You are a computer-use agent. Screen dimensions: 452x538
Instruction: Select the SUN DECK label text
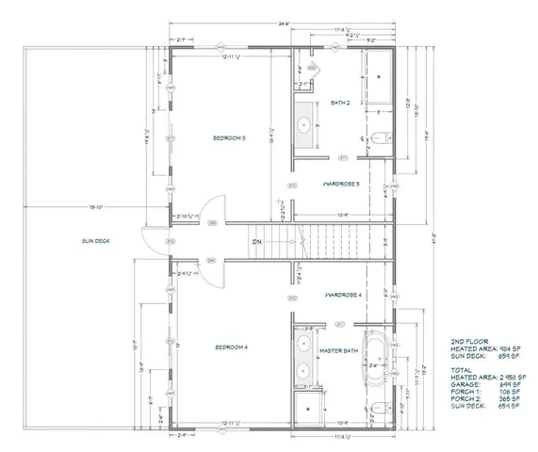coord(95,241)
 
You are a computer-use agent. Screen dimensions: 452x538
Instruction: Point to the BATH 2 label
coord(340,103)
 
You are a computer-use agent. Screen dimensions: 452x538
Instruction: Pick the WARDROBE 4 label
coord(344,296)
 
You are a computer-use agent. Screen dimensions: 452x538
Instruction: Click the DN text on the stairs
coord(256,242)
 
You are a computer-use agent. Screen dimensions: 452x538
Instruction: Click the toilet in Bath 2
coord(377,138)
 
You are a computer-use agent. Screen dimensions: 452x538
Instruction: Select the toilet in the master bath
coord(377,407)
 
